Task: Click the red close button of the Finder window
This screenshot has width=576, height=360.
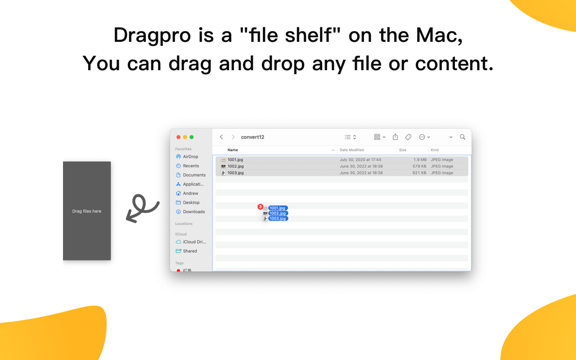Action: pyautogui.click(x=178, y=137)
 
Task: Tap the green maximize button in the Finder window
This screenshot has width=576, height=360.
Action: pyautogui.click(x=192, y=137)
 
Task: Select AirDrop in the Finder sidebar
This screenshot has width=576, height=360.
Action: pyautogui.click(x=190, y=157)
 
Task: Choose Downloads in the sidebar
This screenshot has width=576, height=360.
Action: pyautogui.click(x=194, y=211)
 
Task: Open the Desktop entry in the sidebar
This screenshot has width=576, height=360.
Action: pyautogui.click(x=191, y=202)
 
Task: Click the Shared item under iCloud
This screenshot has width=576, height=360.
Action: pyautogui.click(x=190, y=251)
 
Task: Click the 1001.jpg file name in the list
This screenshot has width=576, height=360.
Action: pyautogui.click(x=235, y=160)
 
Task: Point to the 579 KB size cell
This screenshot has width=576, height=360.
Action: pyautogui.click(x=419, y=166)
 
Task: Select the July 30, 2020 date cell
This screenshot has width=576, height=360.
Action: pyautogui.click(x=360, y=160)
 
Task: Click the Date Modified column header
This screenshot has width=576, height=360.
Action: pyautogui.click(x=352, y=150)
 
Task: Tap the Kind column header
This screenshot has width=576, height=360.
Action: pyautogui.click(x=435, y=150)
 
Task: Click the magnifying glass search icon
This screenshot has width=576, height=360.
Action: pyautogui.click(x=462, y=137)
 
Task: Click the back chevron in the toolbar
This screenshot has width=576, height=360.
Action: pyautogui.click(x=221, y=137)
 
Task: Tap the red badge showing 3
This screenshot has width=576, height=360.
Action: pyautogui.click(x=260, y=207)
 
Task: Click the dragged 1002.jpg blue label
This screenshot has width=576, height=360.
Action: pyautogui.click(x=278, y=213)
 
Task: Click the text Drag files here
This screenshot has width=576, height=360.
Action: pyautogui.click(x=87, y=211)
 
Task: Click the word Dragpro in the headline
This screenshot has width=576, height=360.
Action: pyautogui.click(x=152, y=35)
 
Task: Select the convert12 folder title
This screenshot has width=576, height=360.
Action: pyautogui.click(x=252, y=137)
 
